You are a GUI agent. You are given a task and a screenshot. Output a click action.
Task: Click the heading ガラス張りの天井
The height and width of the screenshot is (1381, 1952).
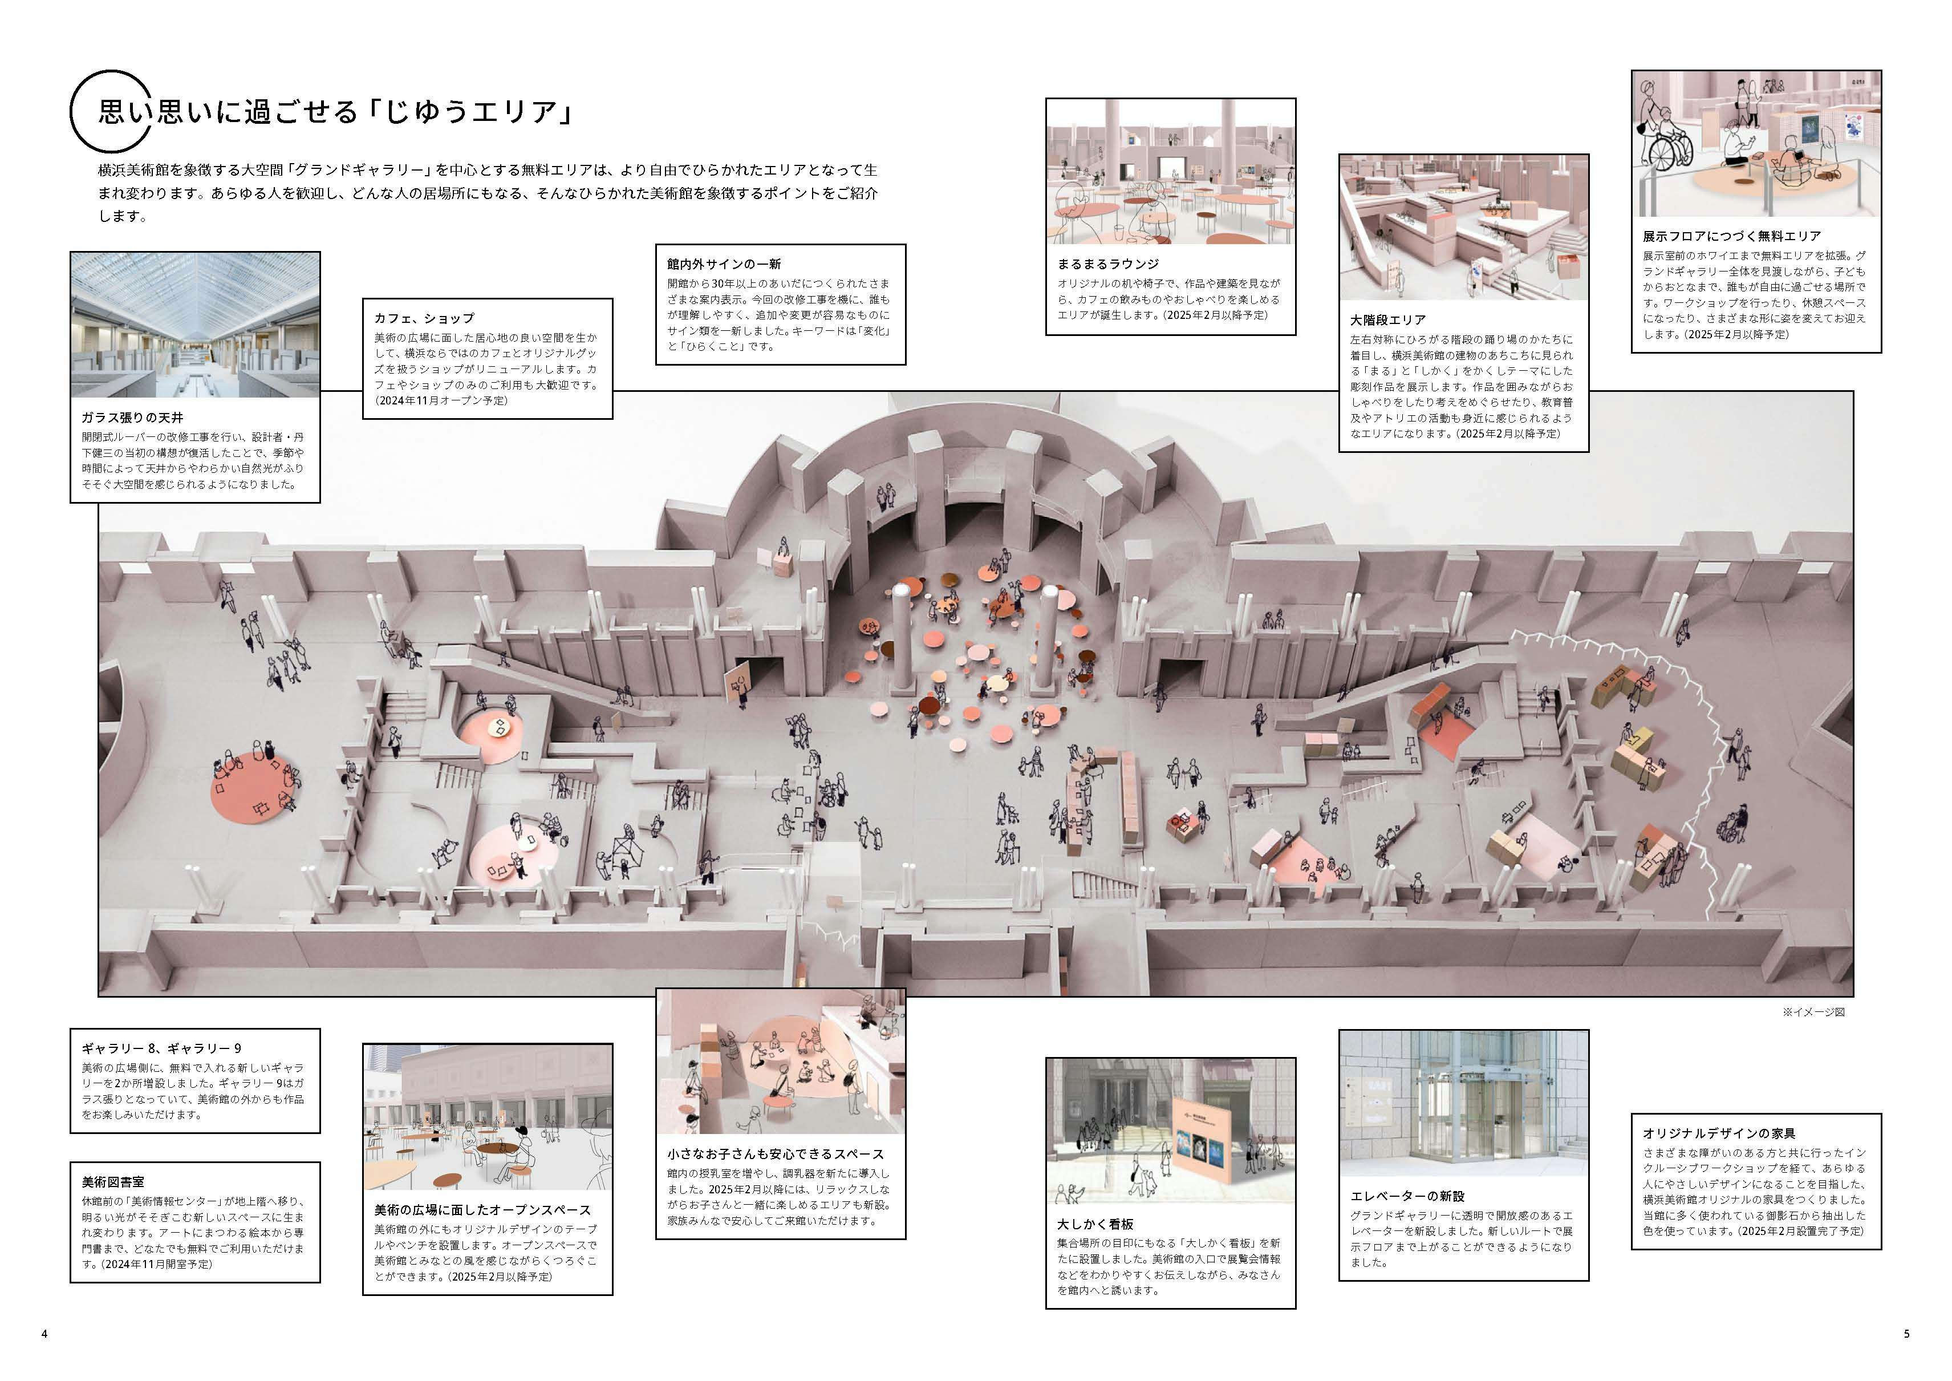[132, 418]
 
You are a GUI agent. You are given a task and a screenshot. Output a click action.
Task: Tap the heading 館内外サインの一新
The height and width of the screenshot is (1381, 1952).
[724, 265]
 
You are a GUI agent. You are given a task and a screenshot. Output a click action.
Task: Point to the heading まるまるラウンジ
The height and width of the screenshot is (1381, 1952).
[1108, 264]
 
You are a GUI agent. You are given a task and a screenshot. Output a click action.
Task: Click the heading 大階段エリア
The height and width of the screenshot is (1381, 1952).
[1387, 320]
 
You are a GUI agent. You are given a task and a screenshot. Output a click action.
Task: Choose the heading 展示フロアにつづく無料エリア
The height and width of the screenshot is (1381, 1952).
[1732, 236]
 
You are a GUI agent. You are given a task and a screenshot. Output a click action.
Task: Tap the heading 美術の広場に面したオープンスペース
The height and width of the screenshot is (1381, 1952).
[482, 1209]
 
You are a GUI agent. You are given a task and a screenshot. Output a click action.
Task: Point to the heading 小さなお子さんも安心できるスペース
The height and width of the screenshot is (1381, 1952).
[776, 1154]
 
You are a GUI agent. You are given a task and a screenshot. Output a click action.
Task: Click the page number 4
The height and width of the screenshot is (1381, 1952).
[44, 1334]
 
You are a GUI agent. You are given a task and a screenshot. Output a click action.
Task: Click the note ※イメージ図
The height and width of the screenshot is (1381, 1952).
[1813, 1012]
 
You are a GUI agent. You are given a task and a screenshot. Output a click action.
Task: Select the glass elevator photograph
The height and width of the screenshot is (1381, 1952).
[1464, 1103]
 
